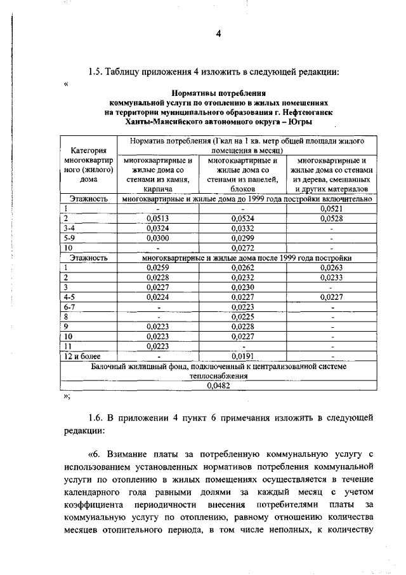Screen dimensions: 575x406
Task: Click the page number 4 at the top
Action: tap(218, 34)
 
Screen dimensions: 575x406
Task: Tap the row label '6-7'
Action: tap(70, 307)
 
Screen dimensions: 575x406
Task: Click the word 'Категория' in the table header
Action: tap(88, 151)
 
